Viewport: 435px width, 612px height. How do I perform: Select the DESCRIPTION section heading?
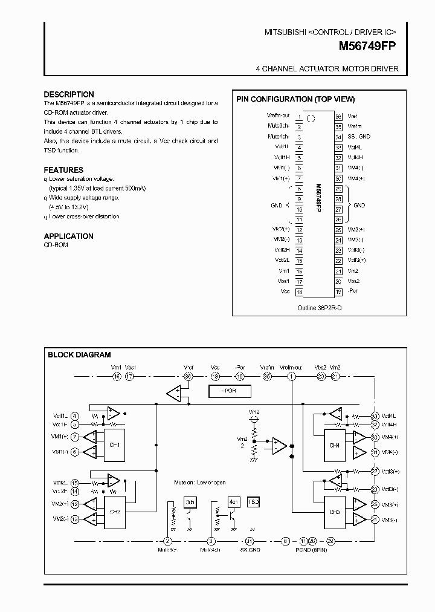(69, 94)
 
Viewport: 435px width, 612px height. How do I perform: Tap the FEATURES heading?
(63, 170)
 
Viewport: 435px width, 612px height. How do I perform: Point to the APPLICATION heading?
(68, 236)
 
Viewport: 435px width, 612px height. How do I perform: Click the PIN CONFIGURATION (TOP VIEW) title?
(295, 99)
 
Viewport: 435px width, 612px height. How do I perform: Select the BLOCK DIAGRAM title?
(79, 355)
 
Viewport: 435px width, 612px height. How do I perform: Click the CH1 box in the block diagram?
(114, 444)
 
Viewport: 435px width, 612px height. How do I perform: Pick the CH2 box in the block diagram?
(114, 512)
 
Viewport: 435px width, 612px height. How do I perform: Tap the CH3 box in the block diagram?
(335, 512)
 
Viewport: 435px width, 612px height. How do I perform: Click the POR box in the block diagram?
(229, 391)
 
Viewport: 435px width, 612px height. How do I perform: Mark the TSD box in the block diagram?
(253, 503)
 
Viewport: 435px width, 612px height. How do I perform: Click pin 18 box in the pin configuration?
(299, 291)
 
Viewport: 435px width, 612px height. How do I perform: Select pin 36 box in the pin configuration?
(338, 116)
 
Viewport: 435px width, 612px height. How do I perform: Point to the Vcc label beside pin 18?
(285, 291)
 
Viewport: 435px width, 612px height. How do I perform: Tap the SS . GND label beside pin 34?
(359, 137)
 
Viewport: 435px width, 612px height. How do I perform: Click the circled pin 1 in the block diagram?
(292, 377)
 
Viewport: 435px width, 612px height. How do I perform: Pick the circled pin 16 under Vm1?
(117, 377)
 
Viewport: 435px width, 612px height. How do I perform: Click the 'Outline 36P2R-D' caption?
(319, 307)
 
